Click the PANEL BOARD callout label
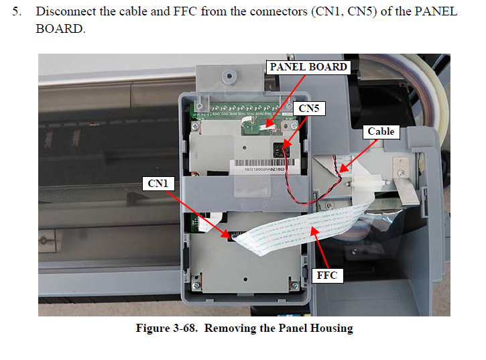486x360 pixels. (x=308, y=67)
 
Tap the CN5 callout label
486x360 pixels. (x=308, y=107)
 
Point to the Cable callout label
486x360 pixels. (x=381, y=131)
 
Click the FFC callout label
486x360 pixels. (x=326, y=275)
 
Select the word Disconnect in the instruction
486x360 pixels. (x=66, y=12)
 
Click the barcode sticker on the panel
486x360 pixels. (x=265, y=165)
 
